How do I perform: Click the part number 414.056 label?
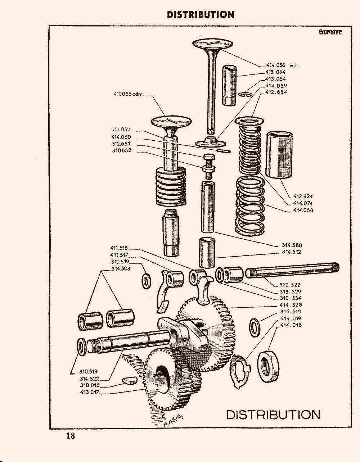click(275, 65)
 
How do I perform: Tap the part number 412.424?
click(303, 196)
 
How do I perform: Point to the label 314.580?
click(292, 245)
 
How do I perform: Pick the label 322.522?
click(290, 285)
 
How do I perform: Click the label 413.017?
click(90, 392)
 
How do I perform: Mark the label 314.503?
click(121, 268)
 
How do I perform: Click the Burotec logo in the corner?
click(330, 32)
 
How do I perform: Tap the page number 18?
click(70, 436)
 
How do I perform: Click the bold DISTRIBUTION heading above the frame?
click(201, 14)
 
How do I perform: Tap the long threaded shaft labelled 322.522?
click(292, 271)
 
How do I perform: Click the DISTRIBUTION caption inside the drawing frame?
click(273, 414)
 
